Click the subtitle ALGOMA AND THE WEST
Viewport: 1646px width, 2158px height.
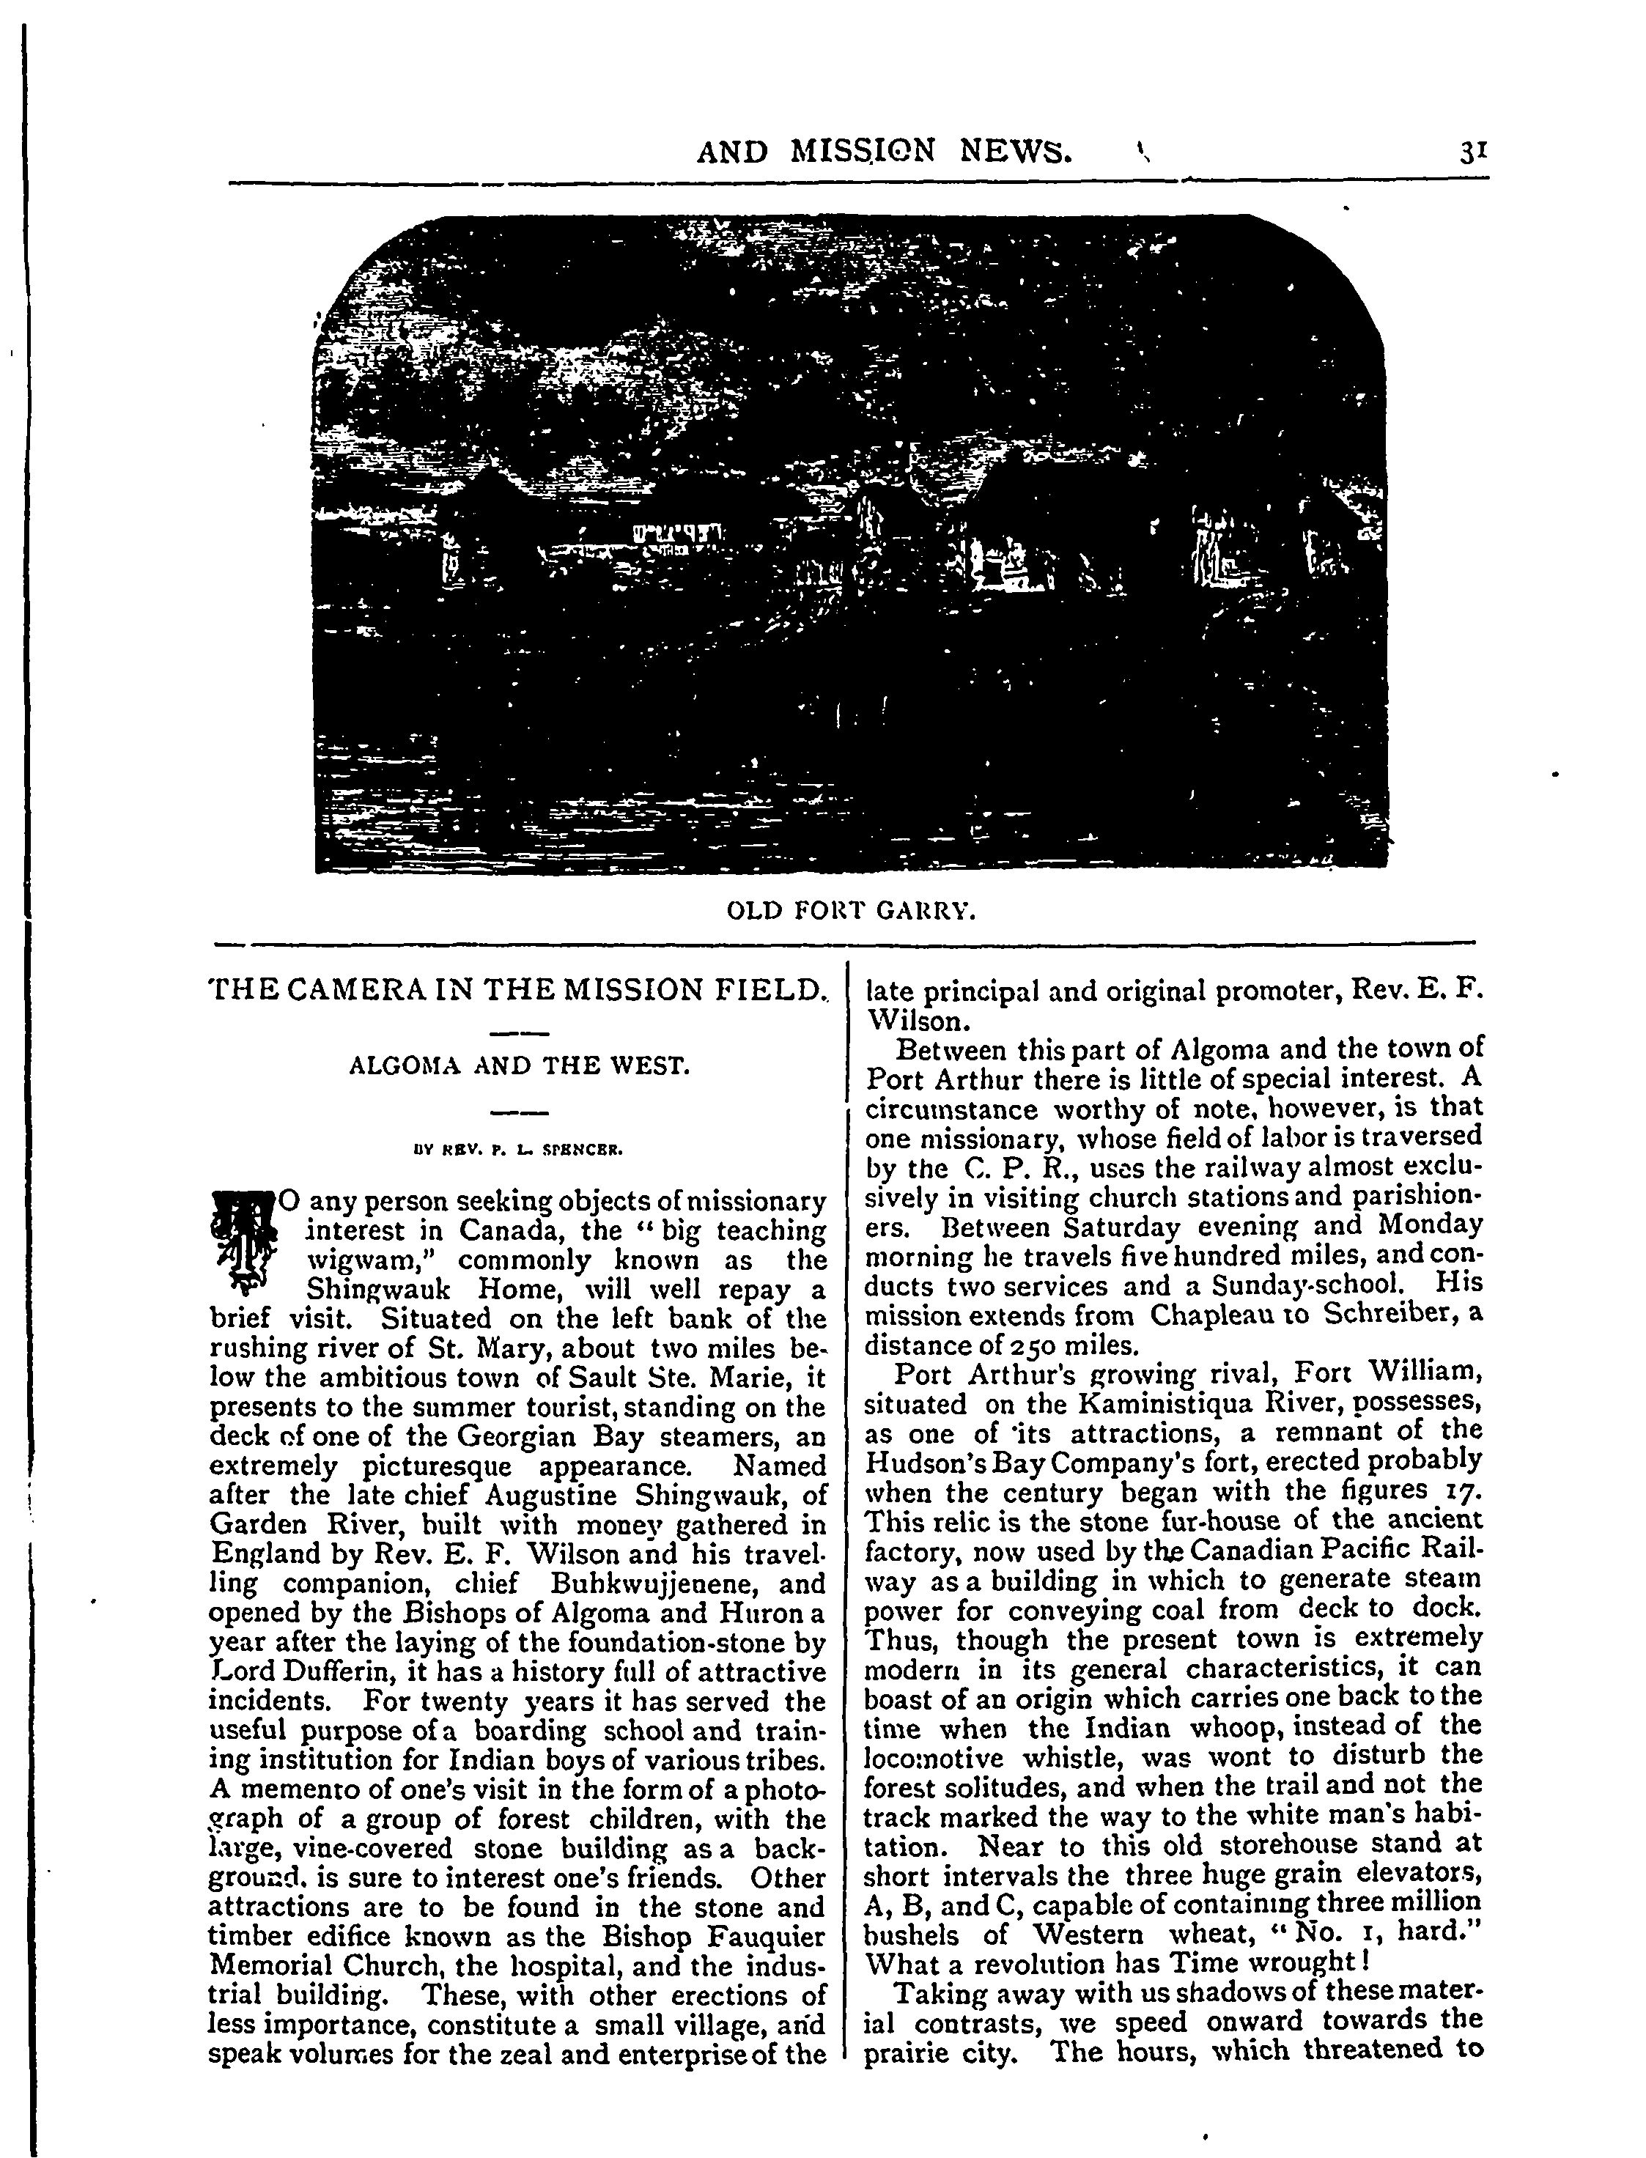click(x=520, y=1065)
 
